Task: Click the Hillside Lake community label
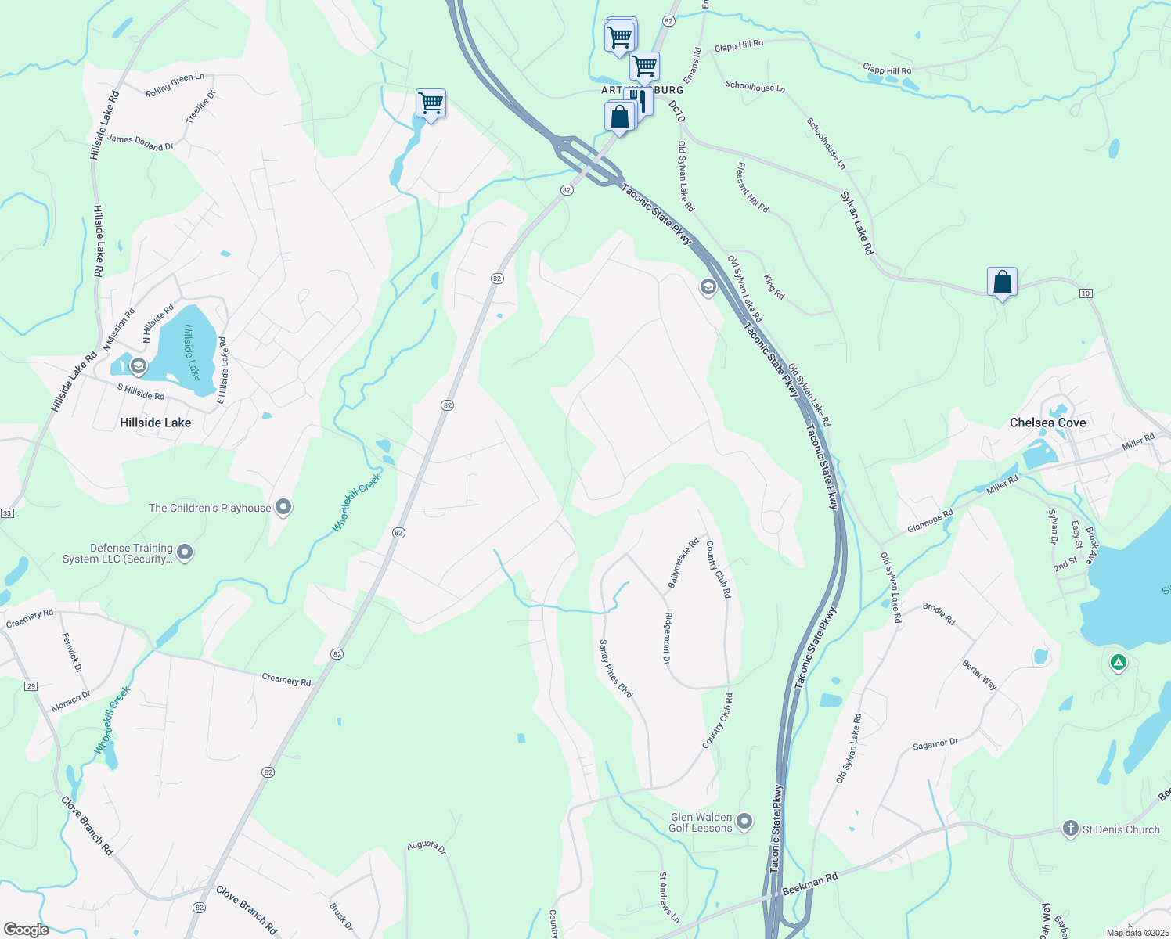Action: [x=155, y=423]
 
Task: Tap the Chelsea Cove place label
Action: [x=1047, y=423]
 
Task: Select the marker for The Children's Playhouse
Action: [x=283, y=508]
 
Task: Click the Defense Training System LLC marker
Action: [x=185, y=553]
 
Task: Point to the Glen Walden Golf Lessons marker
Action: [x=744, y=822]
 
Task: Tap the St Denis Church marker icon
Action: [x=1070, y=829]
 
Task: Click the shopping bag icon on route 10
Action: [x=1002, y=282]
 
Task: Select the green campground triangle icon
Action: [x=1119, y=663]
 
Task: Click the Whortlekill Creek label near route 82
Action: [x=357, y=502]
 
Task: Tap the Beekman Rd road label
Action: [x=809, y=885]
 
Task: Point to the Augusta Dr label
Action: [x=427, y=847]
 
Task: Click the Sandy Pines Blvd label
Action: [x=616, y=669]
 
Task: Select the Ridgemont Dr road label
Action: [x=667, y=638]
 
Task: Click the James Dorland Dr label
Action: [x=140, y=142]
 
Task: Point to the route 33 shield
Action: [x=7, y=513]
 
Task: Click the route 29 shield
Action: [x=31, y=686]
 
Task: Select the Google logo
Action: [x=27, y=930]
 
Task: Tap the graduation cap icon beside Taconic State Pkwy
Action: [x=708, y=288]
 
